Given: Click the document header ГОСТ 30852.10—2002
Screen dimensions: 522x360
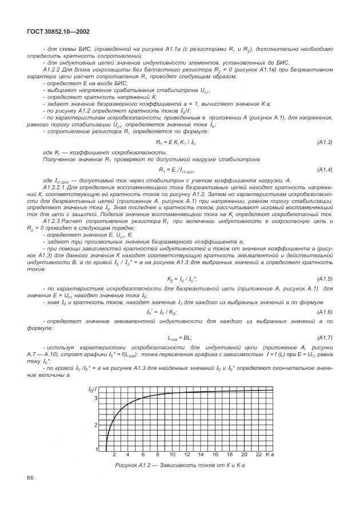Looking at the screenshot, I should click(57, 32).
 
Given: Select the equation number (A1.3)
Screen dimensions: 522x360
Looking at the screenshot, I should click(324, 141).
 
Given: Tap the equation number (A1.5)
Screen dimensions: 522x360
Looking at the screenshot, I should click(324, 278).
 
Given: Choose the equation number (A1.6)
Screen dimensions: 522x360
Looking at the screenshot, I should click(324, 312).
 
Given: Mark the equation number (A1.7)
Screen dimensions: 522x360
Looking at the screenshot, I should click(324, 337).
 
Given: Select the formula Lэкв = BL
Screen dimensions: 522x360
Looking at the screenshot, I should click(179, 338).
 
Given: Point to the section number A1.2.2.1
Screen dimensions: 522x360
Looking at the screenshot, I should click(55, 188).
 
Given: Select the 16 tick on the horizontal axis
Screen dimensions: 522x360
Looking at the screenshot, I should click(215, 454).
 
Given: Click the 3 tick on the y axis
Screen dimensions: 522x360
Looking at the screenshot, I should click(96, 398).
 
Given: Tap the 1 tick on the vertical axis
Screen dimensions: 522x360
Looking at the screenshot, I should click(96, 449).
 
